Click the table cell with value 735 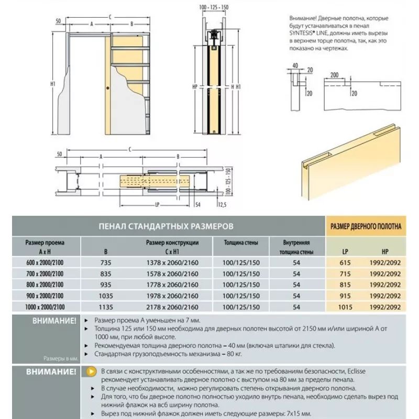point(106,263)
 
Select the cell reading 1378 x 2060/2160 point(172,263)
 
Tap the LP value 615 point(345,263)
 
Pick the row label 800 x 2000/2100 point(45,284)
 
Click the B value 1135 point(106,307)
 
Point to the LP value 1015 point(345,307)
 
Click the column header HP point(385,252)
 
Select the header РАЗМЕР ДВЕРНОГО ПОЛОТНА point(366,227)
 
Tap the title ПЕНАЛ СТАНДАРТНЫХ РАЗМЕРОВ point(166,226)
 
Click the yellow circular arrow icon point(91,371)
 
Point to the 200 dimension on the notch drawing point(334,75)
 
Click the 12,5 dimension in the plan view point(222,205)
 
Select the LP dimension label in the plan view point(157,205)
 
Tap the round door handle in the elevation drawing point(108,88)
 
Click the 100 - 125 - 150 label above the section point(214,7)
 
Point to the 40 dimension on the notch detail point(295,65)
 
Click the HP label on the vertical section point(195,86)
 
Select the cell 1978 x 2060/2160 point(172,296)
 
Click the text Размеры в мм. point(61,358)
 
